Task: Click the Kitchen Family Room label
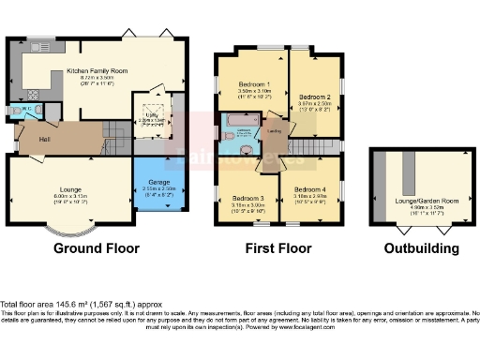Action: click(x=97, y=70)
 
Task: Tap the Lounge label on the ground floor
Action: click(x=65, y=189)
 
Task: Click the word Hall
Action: click(x=44, y=140)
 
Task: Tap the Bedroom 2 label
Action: click(x=315, y=97)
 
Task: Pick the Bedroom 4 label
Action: click(x=309, y=191)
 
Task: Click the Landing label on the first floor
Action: click(x=277, y=132)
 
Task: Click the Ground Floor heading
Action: click(x=97, y=249)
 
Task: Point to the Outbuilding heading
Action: click(x=421, y=249)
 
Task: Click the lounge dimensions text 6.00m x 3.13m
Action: click(x=65, y=196)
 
